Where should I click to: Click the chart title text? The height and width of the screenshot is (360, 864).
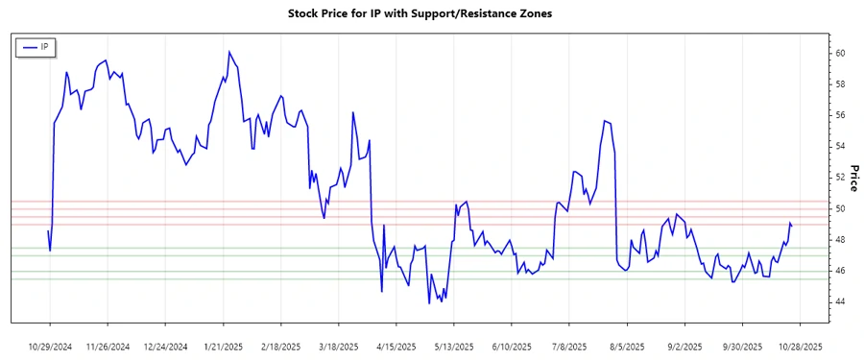(x=420, y=14)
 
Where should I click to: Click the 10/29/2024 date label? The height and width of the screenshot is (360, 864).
(x=51, y=346)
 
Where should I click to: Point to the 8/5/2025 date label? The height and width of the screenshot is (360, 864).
(x=626, y=346)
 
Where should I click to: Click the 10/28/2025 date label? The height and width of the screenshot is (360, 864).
(x=799, y=346)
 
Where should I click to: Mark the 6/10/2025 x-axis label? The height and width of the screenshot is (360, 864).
(x=511, y=346)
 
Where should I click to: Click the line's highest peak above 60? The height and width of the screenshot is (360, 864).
(x=229, y=52)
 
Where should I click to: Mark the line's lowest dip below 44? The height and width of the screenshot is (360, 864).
(x=429, y=303)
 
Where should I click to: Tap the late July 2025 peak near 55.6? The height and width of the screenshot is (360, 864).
(x=604, y=121)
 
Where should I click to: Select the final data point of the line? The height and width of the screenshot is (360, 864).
(x=792, y=226)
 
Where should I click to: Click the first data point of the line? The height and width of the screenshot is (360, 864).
(x=48, y=230)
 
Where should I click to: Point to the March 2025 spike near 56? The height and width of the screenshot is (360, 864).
(x=353, y=112)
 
